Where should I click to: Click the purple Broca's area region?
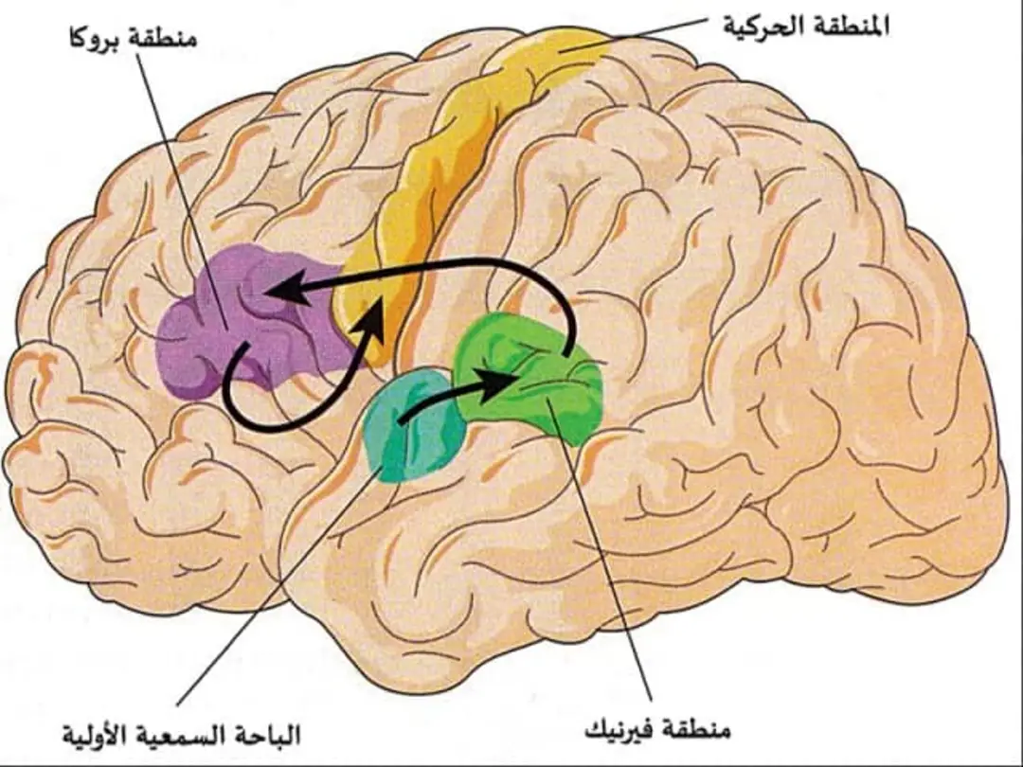click(x=255, y=320)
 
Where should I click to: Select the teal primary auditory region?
click(x=414, y=425)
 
